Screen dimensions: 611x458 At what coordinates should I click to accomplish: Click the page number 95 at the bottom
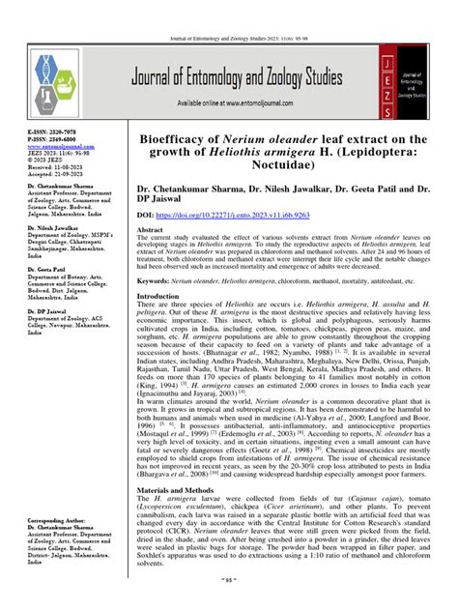click(x=229, y=603)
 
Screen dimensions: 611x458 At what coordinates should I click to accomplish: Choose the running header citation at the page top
click(x=229, y=11)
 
